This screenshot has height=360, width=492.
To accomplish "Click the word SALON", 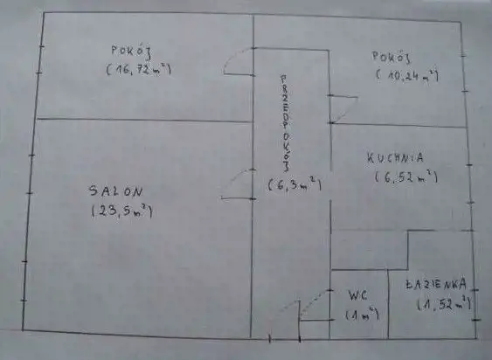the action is coord(115,191).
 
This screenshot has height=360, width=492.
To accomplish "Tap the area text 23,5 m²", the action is coord(122,211).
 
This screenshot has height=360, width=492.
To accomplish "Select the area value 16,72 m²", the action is coord(139,69).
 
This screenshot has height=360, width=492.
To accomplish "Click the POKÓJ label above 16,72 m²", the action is coord(132,52).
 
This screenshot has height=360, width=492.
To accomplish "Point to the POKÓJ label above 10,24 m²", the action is coord(392,57).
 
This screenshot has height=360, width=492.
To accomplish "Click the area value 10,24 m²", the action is coord(407,76).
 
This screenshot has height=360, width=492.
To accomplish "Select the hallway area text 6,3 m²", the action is coord(295,184).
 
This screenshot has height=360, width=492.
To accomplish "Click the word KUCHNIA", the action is coord(395,157).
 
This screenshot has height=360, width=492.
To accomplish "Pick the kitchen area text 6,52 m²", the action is coord(406,177).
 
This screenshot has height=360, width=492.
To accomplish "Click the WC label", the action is coord(357,295).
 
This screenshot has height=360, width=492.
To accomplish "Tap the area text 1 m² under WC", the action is coord(362,315).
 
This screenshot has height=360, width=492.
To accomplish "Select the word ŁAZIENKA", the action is coord(435,284).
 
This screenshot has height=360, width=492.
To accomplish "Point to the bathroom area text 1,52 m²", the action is coord(444,304).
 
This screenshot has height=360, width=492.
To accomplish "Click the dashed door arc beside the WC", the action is coord(314,301).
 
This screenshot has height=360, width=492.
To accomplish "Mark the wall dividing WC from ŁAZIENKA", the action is coord(388,304).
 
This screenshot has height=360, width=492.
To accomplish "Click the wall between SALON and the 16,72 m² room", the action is coord(145,120).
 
